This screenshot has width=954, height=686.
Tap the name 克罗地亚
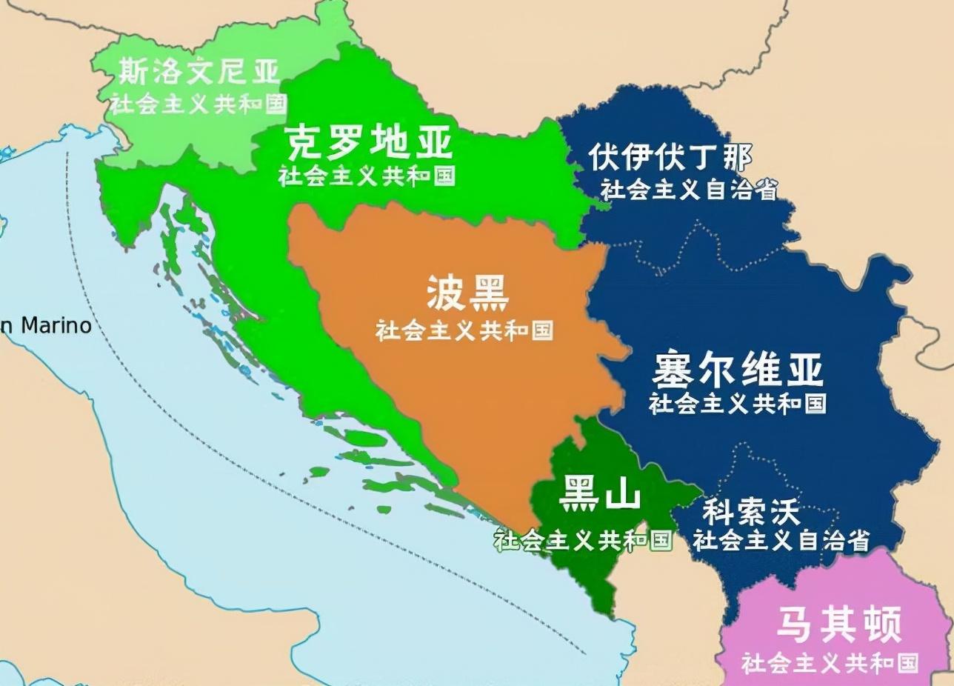tap(369, 142)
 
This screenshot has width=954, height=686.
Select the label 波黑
tap(467, 294)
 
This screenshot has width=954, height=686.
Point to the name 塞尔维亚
tap(738, 370)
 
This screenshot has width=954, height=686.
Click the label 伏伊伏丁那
tap(670, 157)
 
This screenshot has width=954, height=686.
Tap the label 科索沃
tap(751, 513)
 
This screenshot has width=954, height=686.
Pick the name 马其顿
tap(839, 625)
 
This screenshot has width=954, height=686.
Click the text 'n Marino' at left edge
tap(46, 325)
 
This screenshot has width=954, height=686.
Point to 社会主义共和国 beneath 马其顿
tap(830, 662)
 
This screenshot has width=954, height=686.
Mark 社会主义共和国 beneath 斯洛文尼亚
tap(199, 103)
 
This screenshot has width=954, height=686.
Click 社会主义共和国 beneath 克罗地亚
tap(367, 176)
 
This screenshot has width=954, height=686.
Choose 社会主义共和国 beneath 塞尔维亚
tap(738, 403)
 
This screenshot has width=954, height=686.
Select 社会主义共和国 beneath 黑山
tap(584, 540)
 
